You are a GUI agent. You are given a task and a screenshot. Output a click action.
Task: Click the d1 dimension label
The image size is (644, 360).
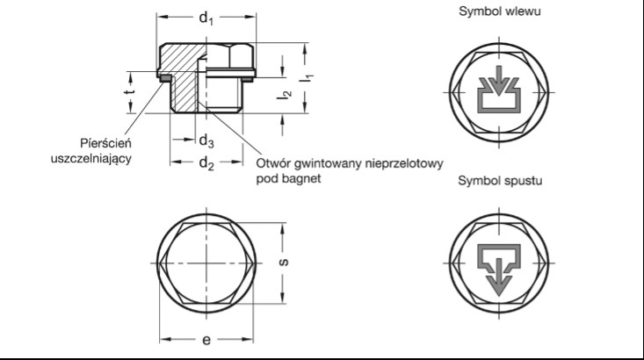206,17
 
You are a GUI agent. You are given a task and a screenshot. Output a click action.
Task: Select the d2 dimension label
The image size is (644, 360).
206,162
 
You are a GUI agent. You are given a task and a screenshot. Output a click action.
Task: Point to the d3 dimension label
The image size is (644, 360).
206,140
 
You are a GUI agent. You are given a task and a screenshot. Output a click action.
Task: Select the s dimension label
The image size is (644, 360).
292,262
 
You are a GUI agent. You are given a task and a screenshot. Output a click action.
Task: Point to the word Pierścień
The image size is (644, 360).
105,142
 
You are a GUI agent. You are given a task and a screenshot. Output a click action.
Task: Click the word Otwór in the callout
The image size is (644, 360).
273,163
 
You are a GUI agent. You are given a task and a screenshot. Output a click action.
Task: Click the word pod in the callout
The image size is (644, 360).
267,178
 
